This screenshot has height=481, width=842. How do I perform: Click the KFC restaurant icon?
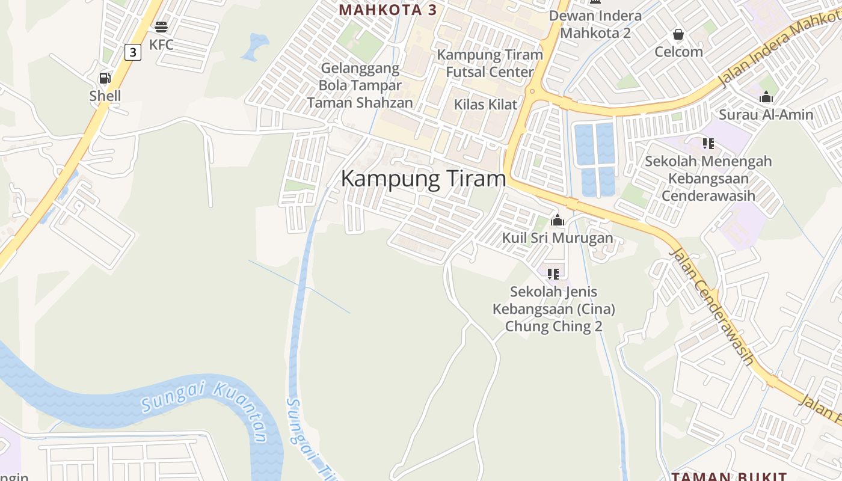(x=161, y=26)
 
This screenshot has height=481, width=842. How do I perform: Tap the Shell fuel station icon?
(x=105, y=78)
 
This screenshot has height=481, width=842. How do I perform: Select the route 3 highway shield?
(x=132, y=52)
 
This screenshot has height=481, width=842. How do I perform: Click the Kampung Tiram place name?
(x=423, y=179)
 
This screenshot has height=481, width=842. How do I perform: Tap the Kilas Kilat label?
(x=485, y=104)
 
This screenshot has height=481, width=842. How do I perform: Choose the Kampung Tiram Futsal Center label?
(x=490, y=63)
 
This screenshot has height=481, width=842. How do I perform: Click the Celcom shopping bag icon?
(x=678, y=34)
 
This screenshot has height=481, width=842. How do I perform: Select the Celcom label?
(x=678, y=52)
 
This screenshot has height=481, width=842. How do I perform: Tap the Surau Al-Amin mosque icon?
(x=766, y=97)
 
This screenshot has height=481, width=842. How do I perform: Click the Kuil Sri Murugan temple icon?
(x=558, y=221)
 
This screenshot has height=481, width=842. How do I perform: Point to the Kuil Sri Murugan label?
(x=558, y=238)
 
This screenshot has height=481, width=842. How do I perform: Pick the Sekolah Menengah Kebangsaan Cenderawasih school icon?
(x=708, y=144)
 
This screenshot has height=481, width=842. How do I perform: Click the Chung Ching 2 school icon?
(x=553, y=274)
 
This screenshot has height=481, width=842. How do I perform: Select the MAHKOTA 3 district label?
(x=387, y=10)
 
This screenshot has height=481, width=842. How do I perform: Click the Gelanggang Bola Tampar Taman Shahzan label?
(x=360, y=85)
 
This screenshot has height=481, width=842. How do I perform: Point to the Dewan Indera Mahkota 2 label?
(x=595, y=24)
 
